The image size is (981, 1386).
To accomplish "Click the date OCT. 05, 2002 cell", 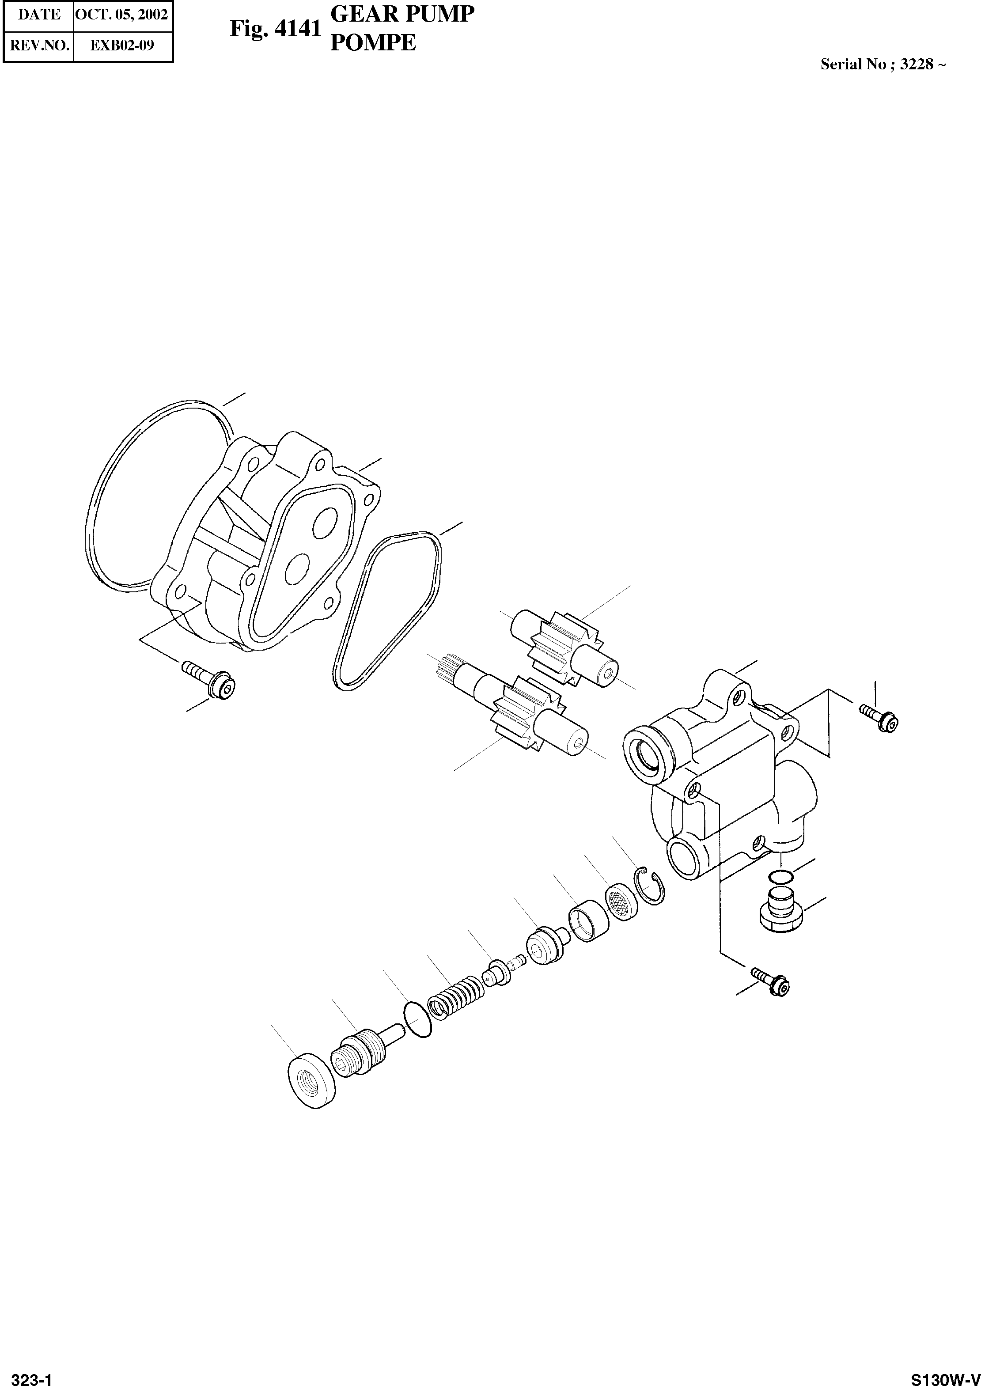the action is point(123,15).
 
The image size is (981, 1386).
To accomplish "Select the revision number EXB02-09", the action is point(123,45).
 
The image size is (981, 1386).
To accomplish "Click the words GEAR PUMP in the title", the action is point(402,14).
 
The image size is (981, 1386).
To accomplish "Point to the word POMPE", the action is point(373,43).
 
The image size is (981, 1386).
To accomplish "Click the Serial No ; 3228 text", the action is point(883,64).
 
